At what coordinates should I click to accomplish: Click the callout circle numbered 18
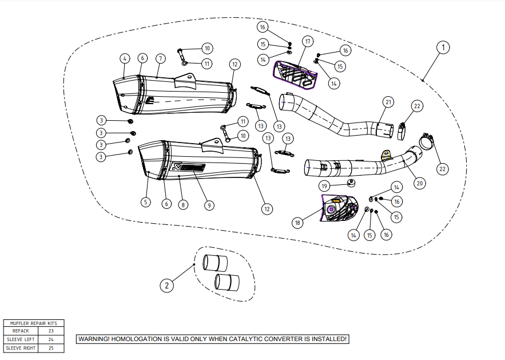(x=297, y=223)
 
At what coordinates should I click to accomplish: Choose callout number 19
(x=324, y=186)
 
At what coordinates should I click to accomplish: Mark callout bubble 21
(x=388, y=102)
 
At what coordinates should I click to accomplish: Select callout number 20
(x=420, y=184)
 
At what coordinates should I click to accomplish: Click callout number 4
(x=124, y=58)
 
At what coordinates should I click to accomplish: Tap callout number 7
(x=160, y=58)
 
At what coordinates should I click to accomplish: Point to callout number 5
(x=146, y=202)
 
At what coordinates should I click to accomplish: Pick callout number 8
(x=183, y=204)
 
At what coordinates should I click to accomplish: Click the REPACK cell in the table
(x=21, y=331)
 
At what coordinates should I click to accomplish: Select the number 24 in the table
(x=51, y=339)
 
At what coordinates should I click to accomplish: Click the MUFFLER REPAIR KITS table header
(x=34, y=323)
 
